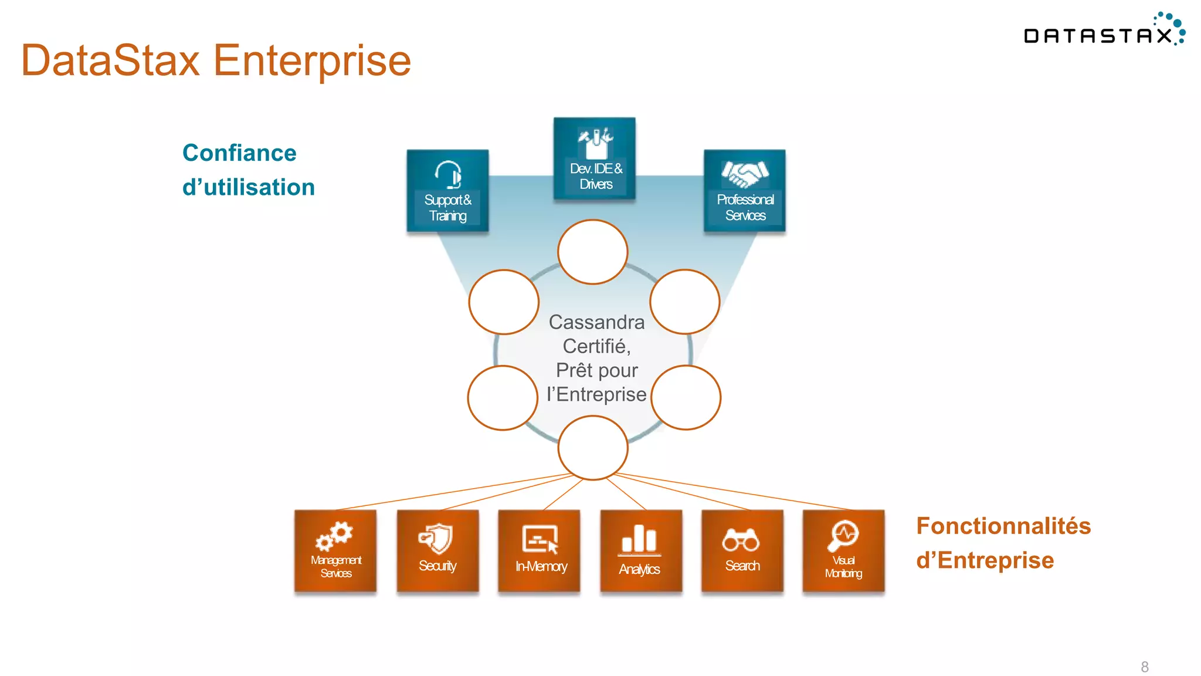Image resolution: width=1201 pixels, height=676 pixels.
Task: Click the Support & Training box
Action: (447, 191)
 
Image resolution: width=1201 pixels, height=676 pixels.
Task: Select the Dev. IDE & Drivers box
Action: (595, 159)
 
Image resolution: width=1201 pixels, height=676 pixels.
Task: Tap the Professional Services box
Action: (745, 191)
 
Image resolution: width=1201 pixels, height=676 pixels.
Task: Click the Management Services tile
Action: (335, 550)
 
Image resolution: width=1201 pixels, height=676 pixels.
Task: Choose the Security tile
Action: (437, 550)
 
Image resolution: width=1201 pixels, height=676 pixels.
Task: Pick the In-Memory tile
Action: (539, 550)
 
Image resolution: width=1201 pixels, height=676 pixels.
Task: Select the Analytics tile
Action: (641, 550)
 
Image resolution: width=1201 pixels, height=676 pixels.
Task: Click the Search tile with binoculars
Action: (742, 550)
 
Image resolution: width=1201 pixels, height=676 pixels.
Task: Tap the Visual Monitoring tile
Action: (843, 550)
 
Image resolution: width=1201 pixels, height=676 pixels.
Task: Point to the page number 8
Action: (1145, 667)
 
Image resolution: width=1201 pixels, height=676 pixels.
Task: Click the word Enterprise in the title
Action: (312, 60)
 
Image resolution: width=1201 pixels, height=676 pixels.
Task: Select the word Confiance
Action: (239, 153)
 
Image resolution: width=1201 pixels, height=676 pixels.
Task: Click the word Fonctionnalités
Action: (1003, 526)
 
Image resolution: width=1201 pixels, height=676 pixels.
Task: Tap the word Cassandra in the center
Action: (596, 322)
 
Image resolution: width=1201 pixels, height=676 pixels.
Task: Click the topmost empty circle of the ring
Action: (593, 252)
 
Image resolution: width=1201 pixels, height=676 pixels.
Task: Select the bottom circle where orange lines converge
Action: (593, 448)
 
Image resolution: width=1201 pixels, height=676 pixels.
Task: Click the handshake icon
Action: (745, 173)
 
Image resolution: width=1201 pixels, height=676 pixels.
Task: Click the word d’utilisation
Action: (249, 188)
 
